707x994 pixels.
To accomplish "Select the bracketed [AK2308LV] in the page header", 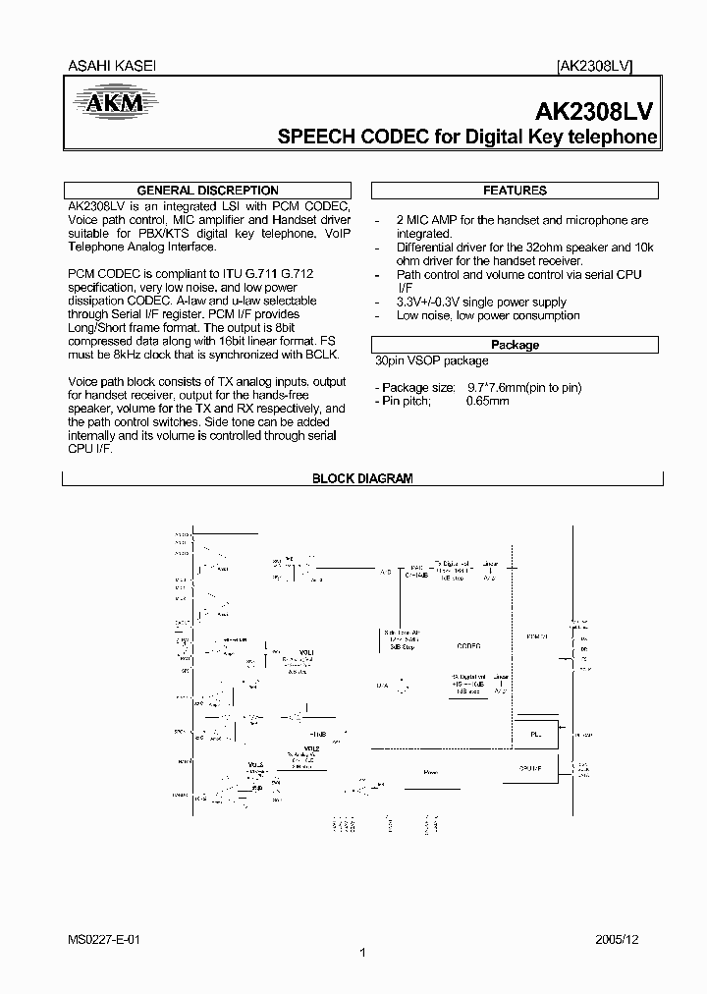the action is (x=594, y=67).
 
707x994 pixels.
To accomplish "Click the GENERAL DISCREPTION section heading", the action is (x=207, y=191).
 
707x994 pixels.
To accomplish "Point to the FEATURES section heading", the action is (x=515, y=191).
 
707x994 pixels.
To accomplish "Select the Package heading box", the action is (x=515, y=345).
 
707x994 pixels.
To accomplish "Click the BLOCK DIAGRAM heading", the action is (x=362, y=478).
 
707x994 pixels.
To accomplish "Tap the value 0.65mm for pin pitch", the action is (x=487, y=402).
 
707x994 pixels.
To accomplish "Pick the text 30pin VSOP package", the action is (x=431, y=361).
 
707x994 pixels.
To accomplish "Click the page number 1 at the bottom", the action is (x=362, y=953).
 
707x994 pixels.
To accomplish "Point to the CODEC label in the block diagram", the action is (x=469, y=646).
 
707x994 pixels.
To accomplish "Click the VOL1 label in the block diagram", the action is (x=307, y=652).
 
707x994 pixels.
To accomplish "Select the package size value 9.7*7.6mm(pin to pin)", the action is (x=523, y=388).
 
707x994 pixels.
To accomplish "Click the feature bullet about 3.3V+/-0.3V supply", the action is (x=481, y=303).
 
